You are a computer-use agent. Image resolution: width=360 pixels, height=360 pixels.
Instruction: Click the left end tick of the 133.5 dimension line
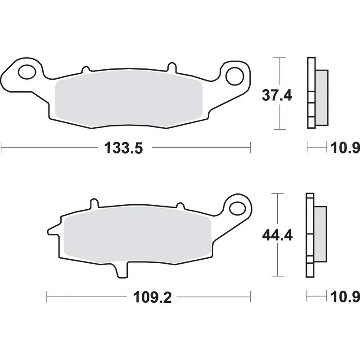click(3, 147)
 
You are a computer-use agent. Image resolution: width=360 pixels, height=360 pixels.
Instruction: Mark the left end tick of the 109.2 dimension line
click(48, 297)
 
